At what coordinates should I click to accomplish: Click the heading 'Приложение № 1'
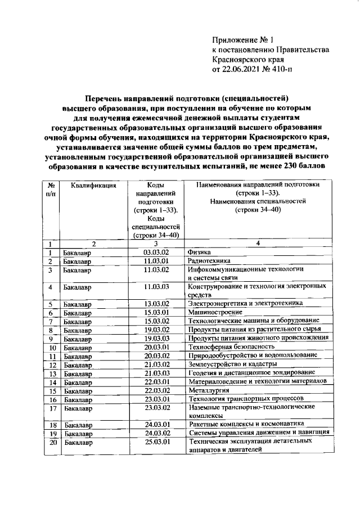(242, 40)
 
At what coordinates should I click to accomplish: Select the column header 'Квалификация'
(93, 184)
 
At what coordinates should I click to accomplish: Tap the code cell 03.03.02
(157, 252)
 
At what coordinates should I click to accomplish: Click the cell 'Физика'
(200, 252)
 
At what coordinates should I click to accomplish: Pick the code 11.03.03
(157, 287)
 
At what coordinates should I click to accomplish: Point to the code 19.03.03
(157, 338)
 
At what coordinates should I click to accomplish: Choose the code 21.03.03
(157, 373)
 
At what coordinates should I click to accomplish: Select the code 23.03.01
(157, 399)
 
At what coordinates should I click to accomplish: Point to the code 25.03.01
(157, 442)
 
